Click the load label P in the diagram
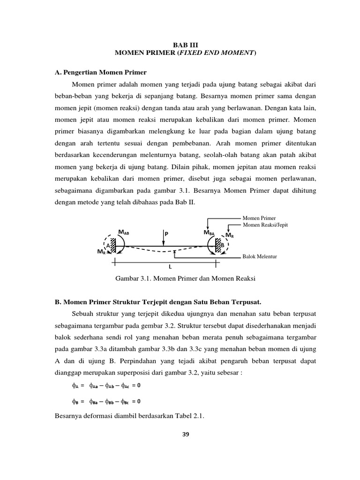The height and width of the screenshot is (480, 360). click(166, 233)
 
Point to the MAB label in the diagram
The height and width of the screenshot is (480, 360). click(124, 232)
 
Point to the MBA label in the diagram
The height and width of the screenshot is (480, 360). click(210, 232)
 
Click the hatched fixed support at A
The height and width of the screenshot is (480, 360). click(113, 245)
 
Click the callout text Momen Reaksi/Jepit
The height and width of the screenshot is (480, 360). click(265, 225)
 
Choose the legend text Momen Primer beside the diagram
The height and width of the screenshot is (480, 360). click(259, 218)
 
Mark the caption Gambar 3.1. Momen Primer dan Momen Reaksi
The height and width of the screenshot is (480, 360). click(185, 278)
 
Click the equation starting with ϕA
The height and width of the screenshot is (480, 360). click(106, 386)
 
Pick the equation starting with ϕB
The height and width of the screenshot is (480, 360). click(106, 401)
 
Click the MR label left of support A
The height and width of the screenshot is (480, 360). click(101, 252)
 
